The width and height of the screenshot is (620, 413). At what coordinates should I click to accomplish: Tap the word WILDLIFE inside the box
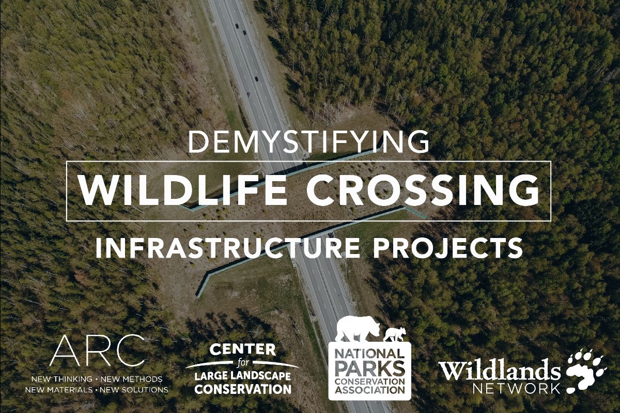183,190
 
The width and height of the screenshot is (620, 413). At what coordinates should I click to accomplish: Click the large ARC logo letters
97,351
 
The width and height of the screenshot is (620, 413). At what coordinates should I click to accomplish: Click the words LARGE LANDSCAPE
242,376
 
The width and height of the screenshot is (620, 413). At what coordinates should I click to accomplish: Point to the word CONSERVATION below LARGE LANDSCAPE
242,389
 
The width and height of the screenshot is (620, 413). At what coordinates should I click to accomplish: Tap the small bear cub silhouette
395,334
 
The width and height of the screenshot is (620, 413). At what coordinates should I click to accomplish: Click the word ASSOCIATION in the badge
369,391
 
